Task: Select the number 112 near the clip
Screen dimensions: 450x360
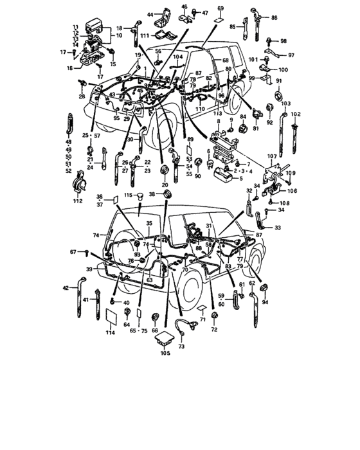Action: click(x=78, y=201)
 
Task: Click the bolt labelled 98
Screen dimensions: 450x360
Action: click(x=268, y=40)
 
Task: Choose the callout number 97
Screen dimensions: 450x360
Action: click(x=291, y=55)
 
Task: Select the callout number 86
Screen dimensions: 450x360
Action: click(x=274, y=18)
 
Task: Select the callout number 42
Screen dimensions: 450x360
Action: click(x=64, y=288)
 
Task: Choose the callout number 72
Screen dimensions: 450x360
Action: click(x=213, y=330)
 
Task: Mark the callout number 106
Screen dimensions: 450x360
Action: click(x=292, y=190)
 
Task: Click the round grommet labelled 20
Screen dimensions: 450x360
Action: click(x=166, y=169)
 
